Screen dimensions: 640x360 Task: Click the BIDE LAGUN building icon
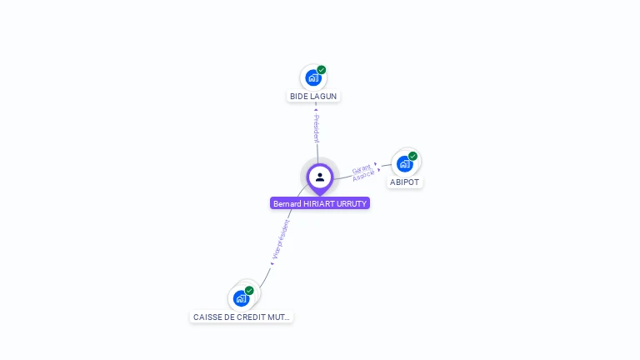tap(312, 78)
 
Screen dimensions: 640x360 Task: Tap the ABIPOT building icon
tap(404, 164)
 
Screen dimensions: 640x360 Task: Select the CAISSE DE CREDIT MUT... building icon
tap(241, 298)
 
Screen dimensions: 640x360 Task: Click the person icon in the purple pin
tap(320, 177)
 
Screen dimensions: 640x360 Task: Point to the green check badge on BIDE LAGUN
tap(322, 70)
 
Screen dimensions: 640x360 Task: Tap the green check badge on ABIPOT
tap(412, 156)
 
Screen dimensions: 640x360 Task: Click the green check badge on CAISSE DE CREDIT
tap(249, 290)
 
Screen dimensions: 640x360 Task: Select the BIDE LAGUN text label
tap(313, 97)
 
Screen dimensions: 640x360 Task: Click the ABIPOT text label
tap(405, 182)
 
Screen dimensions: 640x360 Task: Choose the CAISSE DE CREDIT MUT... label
tap(242, 317)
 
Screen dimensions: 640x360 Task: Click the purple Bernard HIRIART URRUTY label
tap(320, 203)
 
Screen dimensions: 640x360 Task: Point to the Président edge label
tap(317, 128)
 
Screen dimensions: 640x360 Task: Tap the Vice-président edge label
tap(282, 238)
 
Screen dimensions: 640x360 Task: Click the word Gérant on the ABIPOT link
tap(361, 169)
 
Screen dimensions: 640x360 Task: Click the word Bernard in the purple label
tap(287, 203)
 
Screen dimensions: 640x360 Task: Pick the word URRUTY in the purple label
tap(350, 203)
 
